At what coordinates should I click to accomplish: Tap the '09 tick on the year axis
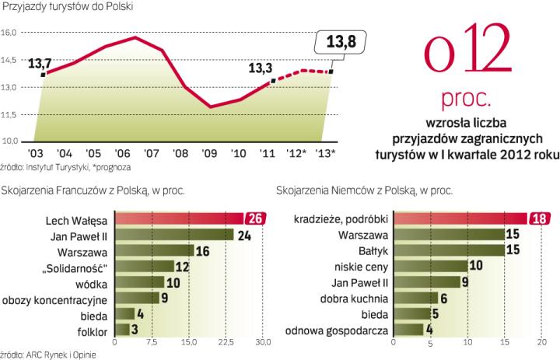pos(209,152)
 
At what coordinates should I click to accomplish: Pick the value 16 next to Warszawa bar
pos(202,250)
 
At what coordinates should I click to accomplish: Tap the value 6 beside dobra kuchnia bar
pos(444,298)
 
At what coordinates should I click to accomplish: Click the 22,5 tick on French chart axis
pos(226,343)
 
